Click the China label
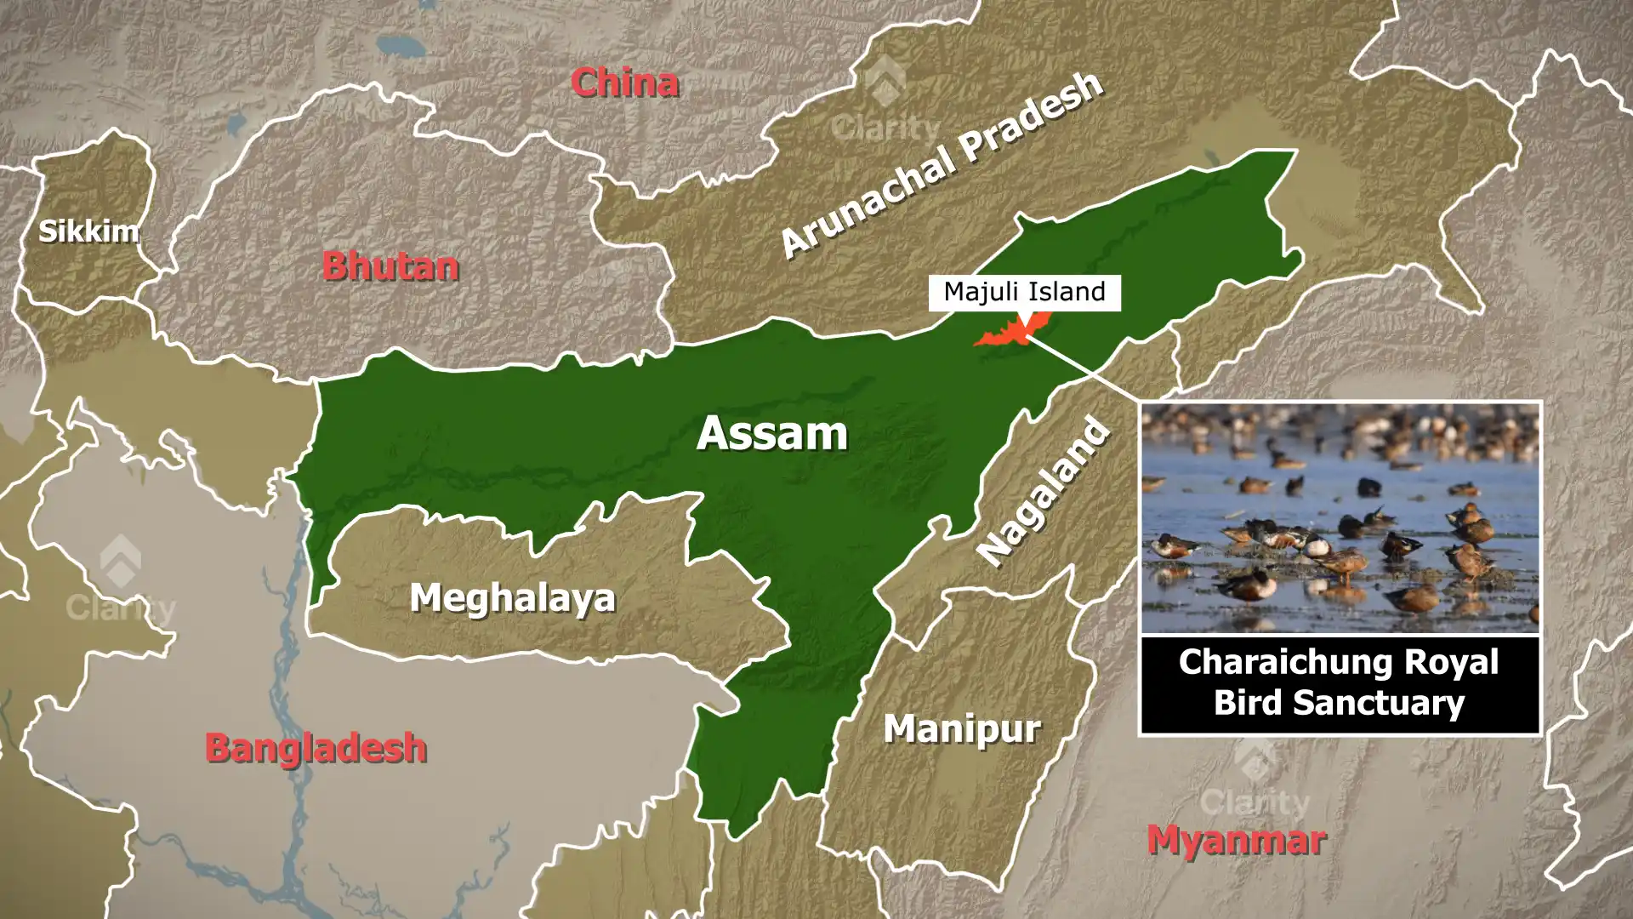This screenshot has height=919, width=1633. click(x=624, y=83)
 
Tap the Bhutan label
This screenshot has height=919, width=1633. click(x=390, y=266)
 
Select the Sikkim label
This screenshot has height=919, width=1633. click(x=88, y=231)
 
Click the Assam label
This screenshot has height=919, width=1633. click(x=772, y=433)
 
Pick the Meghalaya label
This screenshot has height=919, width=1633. click(x=512, y=597)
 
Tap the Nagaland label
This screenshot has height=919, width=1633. click(x=1044, y=491)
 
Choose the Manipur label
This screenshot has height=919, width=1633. click(x=962, y=728)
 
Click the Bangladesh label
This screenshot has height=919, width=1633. click(x=316, y=748)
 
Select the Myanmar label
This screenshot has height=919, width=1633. click(x=1236, y=841)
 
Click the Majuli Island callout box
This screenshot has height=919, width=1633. click(x=1024, y=292)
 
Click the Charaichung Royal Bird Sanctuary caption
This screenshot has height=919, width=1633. click(x=1339, y=682)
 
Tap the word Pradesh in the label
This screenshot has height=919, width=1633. click(x=1032, y=117)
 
